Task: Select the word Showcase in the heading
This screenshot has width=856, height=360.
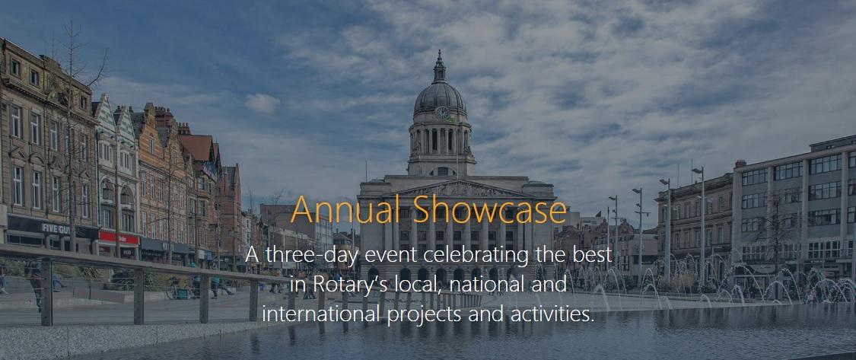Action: tap(490, 209)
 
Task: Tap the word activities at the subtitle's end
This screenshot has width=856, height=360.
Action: tap(552, 314)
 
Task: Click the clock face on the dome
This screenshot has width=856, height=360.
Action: tap(441, 112)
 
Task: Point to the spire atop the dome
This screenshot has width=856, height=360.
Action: tap(440, 67)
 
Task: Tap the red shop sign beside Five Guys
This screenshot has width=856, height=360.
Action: tap(119, 237)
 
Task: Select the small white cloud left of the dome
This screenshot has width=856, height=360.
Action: tap(263, 104)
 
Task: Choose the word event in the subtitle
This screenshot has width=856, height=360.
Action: tap(387, 256)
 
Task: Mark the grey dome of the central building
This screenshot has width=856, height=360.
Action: tap(440, 98)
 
